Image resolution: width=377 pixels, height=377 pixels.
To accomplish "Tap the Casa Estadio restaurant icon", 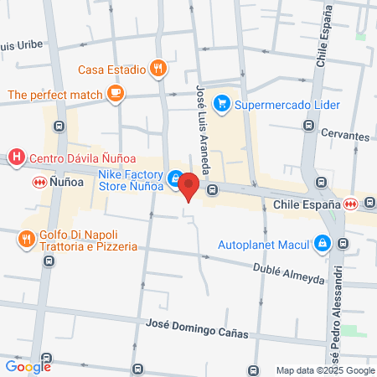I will click(x=157, y=70).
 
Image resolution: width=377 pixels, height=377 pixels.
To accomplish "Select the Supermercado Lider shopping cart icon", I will click(x=222, y=104).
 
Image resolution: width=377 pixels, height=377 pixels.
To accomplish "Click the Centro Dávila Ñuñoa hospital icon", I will click(x=15, y=157).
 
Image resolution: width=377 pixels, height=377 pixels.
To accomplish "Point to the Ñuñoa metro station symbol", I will click(x=38, y=182).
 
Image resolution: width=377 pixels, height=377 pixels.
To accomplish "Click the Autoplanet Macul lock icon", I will click(x=322, y=244).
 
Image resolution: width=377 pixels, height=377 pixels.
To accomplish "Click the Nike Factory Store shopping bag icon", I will click(x=174, y=178).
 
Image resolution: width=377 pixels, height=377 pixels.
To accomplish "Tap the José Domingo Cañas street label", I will click(x=198, y=331).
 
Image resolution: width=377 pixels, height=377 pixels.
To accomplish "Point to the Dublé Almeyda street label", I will click(x=288, y=273).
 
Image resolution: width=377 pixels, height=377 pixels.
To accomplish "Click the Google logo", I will click(x=28, y=365).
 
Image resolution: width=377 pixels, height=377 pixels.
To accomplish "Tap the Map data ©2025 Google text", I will click(x=326, y=370).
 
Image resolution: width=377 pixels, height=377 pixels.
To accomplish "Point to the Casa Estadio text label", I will click(x=111, y=70).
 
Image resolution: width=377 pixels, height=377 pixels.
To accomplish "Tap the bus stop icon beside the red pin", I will click(x=213, y=189).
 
